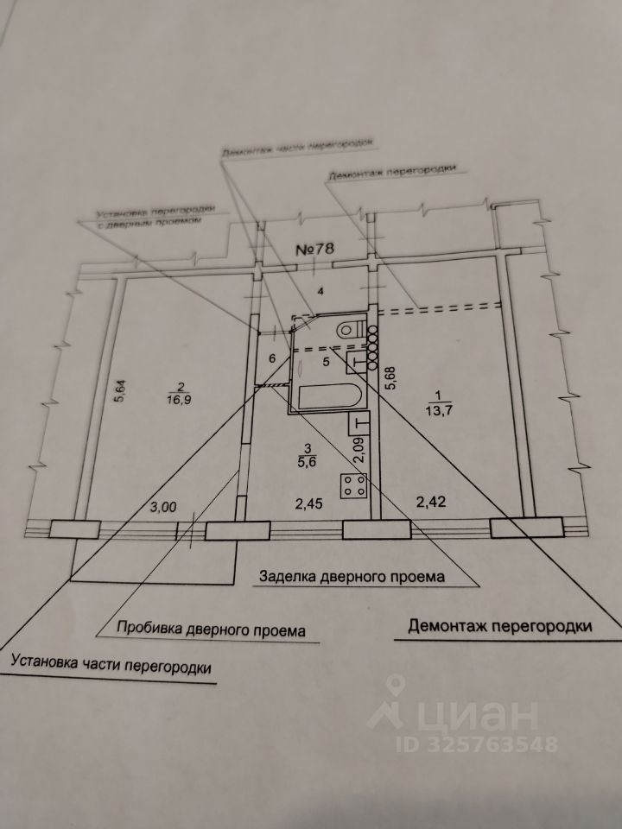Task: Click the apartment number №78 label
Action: (315, 249)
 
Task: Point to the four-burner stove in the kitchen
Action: (353, 487)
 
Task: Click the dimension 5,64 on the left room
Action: (121, 393)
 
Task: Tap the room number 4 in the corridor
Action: (321, 292)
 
